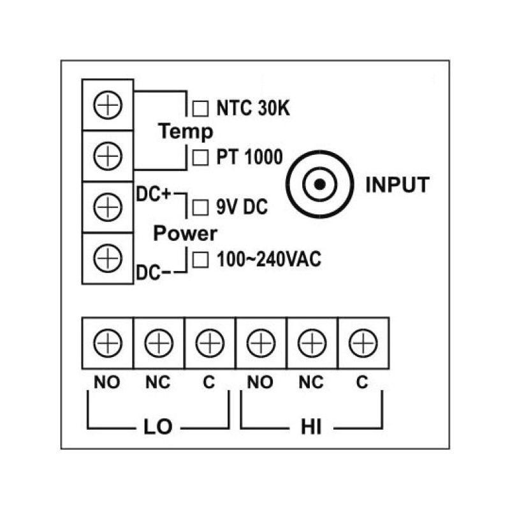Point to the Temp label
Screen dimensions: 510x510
tap(186, 132)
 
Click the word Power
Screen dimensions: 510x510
tap(186, 233)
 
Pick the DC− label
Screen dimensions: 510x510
tap(154, 273)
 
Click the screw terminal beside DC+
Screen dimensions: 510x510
tap(107, 207)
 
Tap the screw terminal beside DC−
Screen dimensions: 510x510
tap(107, 258)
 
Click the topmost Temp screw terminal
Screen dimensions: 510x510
tap(107, 105)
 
